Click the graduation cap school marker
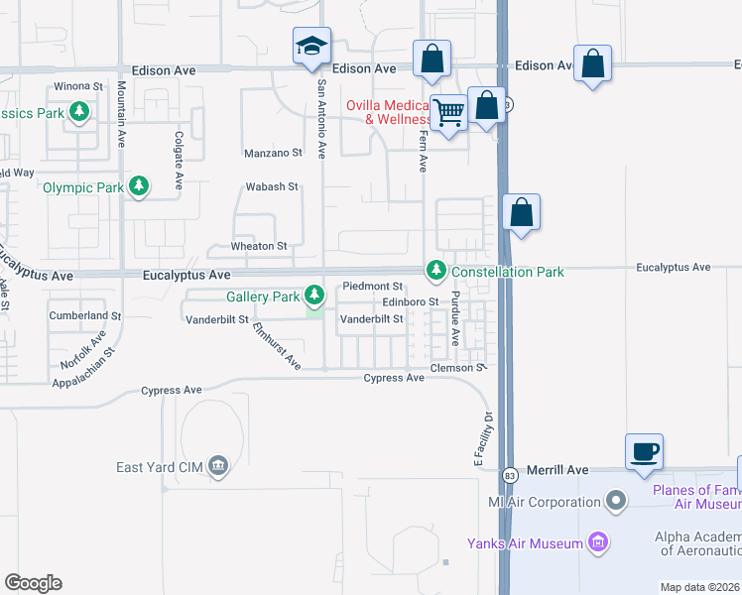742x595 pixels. [311, 46]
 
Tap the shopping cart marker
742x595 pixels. [449, 114]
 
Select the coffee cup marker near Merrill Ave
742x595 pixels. [644, 452]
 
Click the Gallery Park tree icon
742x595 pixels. [314, 295]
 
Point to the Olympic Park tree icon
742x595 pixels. [140, 186]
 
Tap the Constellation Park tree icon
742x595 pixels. [435, 270]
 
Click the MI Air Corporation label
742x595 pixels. [545, 502]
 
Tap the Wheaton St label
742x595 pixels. [259, 246]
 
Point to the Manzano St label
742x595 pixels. [273, 154]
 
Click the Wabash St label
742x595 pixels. [272, 186]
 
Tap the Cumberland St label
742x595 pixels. [85, 316]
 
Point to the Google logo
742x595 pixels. [34, 583]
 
